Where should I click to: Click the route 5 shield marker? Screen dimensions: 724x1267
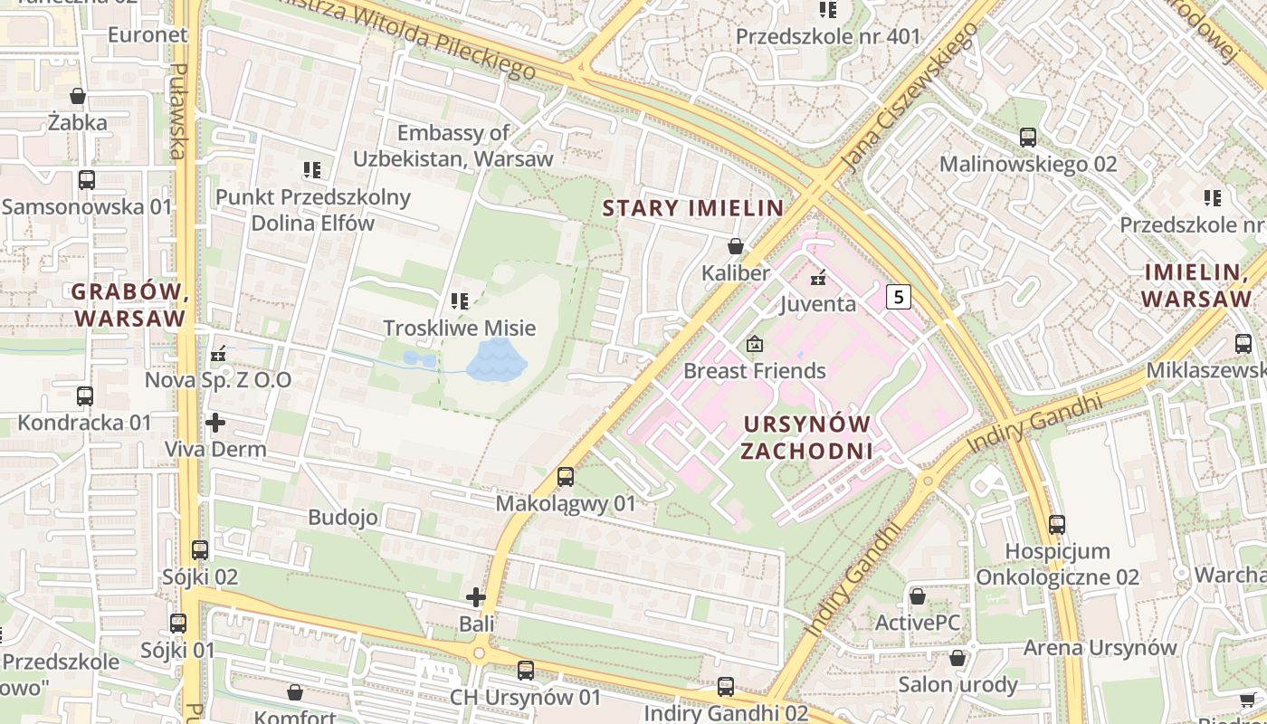coord(897,296)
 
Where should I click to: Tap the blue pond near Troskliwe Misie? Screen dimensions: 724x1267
coord(496,360)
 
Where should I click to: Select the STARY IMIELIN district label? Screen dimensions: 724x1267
coord(692,208)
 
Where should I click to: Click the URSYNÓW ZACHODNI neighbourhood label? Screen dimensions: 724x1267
coord(805,437)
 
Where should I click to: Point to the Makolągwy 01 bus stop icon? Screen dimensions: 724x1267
coord(566,476)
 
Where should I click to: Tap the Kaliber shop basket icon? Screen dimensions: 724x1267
coord(736,246)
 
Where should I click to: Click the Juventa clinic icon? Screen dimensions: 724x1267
coord(818,277)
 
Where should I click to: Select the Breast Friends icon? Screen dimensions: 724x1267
coord(754,344)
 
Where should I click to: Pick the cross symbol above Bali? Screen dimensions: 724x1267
coord(476,597)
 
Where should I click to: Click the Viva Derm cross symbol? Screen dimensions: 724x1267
coord(215,423)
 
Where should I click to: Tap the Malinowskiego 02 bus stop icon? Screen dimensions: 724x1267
coord(1028,138)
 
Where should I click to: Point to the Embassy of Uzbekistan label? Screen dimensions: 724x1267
coord(452,146)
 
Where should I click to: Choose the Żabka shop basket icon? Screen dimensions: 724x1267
coord(78,96)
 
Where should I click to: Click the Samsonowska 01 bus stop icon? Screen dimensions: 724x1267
coord(86,179)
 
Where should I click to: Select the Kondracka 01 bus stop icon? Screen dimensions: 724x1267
coord(85,395)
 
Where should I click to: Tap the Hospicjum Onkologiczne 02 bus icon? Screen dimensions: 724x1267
coord(1057,524)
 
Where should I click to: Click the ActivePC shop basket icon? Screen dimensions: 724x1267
coord(917,596)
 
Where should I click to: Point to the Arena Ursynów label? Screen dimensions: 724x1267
coord(1100,648)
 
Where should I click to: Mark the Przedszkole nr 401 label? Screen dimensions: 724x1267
coord(827,37)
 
